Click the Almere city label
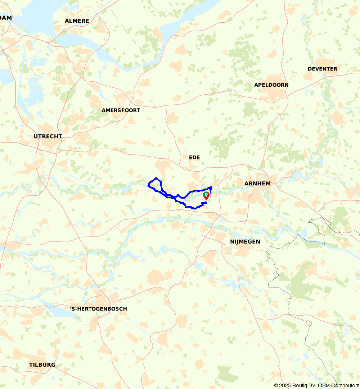tap(77, 21)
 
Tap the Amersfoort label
tap(121, 110)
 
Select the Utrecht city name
tap(48, 136)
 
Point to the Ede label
tap(194, 157)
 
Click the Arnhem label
tap(257, 184)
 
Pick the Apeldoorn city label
tap(271, 85)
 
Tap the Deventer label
tap(322, 69)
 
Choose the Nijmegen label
tap(245, 241)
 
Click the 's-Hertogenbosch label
tap(98, 309)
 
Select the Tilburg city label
tap(42, 365)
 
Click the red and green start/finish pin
tap(206, 195)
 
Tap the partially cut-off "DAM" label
tap(6, 18)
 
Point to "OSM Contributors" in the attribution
tap(338, 385)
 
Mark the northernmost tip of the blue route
tap(156, 178)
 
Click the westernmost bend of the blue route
tap(148, 185)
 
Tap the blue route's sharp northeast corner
tap(211, 187)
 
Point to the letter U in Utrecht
tap(36, 136)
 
